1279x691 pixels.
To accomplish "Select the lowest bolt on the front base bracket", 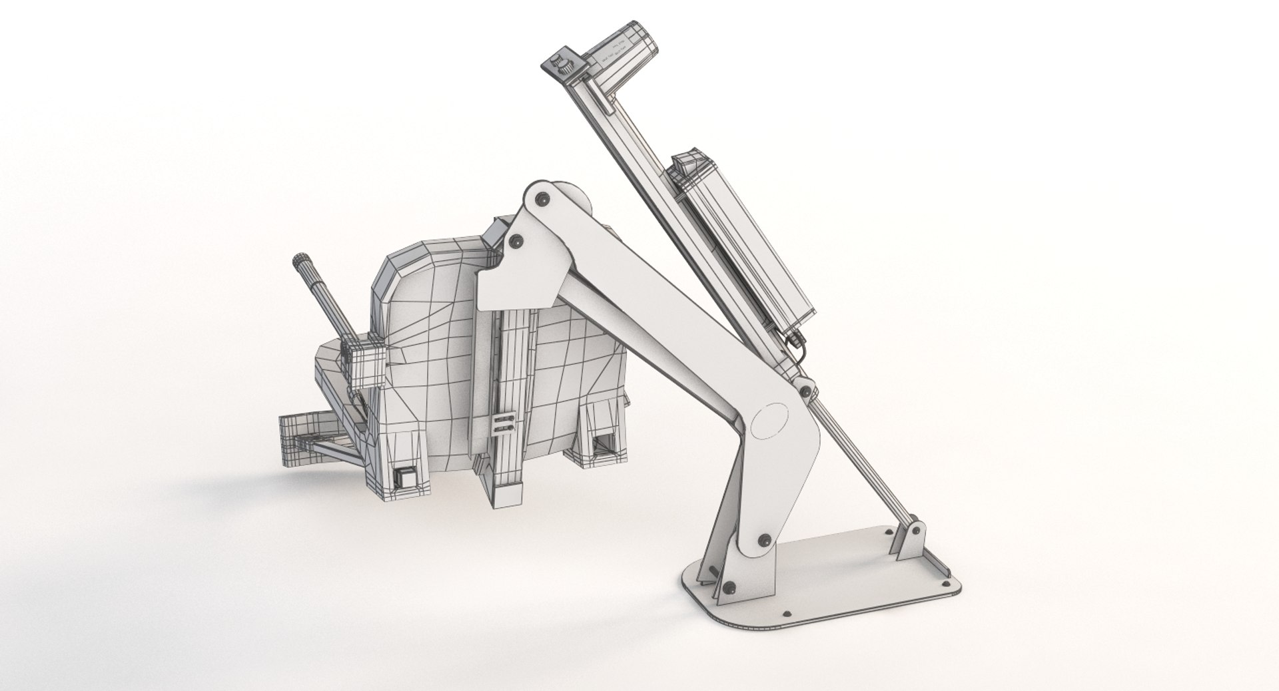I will coord(731,586).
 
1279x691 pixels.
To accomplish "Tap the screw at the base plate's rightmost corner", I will coord(947,588).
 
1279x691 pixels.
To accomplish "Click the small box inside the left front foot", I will coord(404,477).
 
